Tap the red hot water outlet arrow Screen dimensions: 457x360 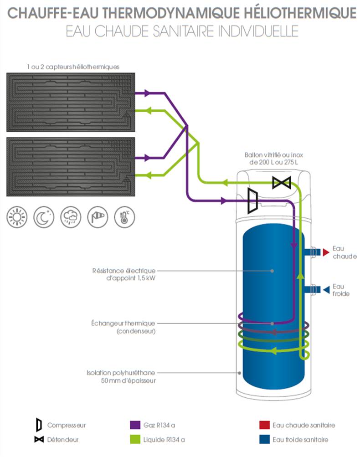(325, 252)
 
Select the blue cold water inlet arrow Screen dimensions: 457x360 (325, 289)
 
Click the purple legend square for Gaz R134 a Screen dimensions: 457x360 (134, 425)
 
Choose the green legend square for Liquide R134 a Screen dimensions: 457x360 (134, 440)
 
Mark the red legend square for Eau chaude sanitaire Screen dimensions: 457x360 (263, 425)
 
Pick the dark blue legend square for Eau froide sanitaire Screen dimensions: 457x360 (263, 440)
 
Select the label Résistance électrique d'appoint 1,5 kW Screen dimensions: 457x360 (123, 274)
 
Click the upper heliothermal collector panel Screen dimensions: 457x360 (70, 101)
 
